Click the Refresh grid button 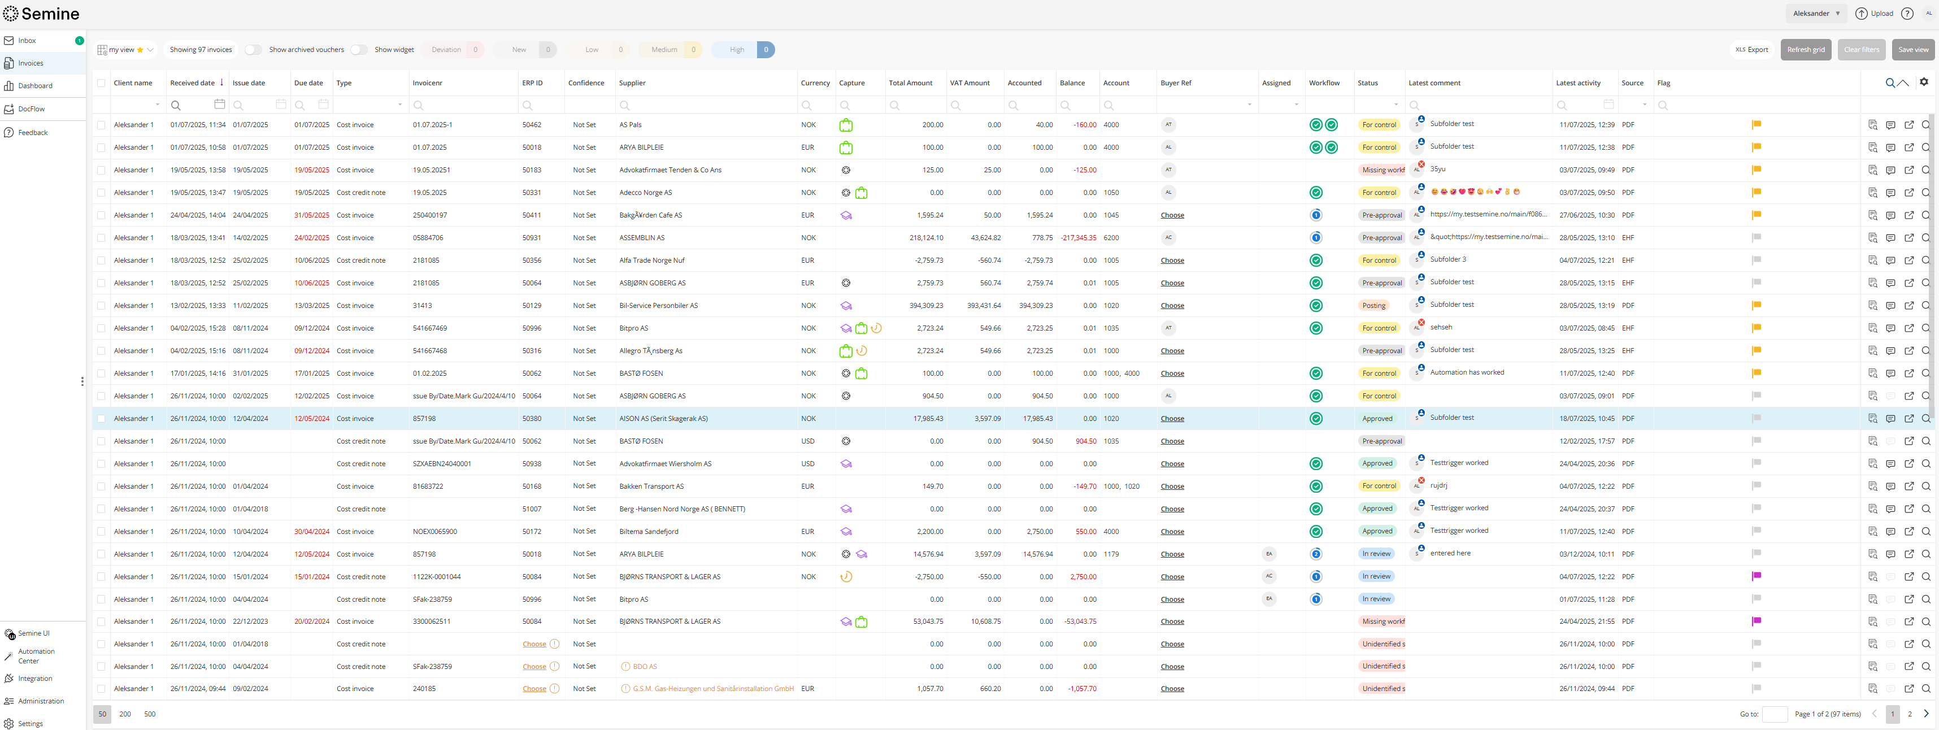1805,50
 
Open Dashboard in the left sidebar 36,86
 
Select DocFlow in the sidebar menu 32,109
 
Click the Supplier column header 632,83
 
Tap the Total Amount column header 910,83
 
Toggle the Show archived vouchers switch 254,50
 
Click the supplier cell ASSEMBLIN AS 641,238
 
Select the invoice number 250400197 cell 430,215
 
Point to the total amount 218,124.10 926,238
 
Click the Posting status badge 1373,306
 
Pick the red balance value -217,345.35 1078,238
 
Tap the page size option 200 125,714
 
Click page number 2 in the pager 1909,714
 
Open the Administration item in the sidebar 41,701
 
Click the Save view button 1912,50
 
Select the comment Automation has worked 1466,372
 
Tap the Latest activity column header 1577,83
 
